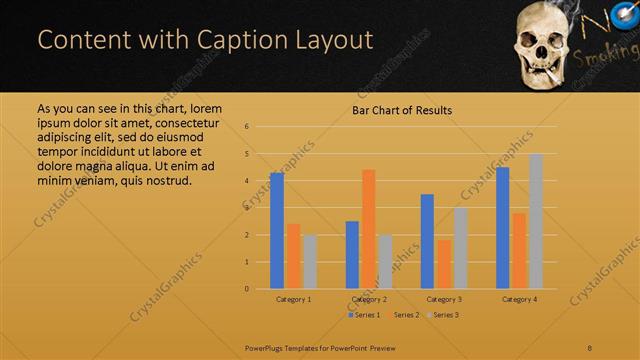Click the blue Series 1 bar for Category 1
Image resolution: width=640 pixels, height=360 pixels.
coord(277,231)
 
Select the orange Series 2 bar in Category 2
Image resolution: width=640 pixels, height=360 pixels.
coord(368,229)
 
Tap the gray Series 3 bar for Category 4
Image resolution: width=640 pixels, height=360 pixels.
coord(536,221)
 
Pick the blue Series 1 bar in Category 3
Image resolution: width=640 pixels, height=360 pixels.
coord(427,241)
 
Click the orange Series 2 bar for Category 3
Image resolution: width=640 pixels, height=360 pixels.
coord(443,264)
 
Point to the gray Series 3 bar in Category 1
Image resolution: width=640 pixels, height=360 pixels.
coord(309,262)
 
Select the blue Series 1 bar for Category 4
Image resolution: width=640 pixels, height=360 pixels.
coord(502,228)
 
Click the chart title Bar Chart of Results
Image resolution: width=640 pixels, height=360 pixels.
coord(402,110)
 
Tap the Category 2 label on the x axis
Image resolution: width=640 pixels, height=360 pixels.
coord(369,299)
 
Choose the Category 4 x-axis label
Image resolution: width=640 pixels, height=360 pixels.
coord(519,299)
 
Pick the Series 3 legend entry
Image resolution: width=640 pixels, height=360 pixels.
coord(443,315)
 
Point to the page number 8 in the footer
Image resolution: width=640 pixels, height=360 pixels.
coord(590,348)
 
